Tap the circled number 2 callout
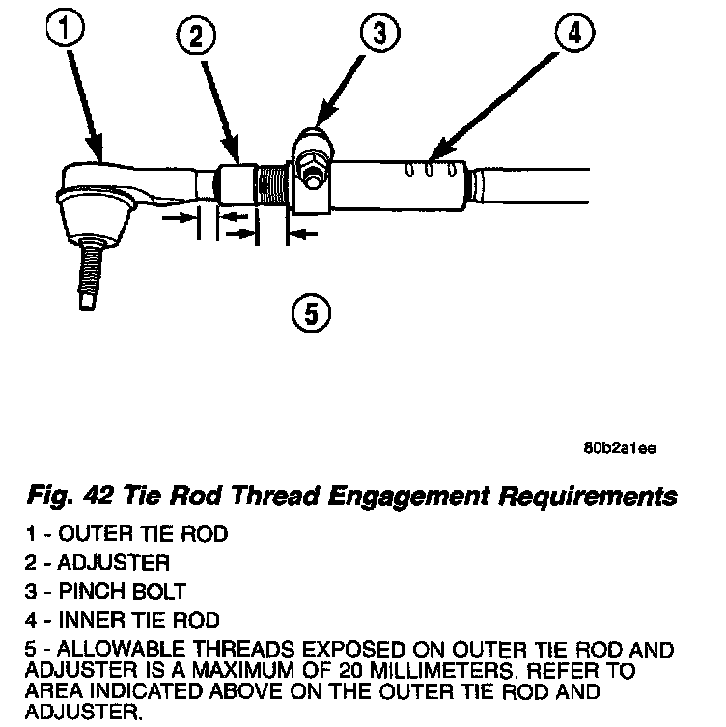[196, 40]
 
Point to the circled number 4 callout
[573, 35]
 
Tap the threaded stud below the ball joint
[89, 274]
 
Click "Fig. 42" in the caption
[70, 497]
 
